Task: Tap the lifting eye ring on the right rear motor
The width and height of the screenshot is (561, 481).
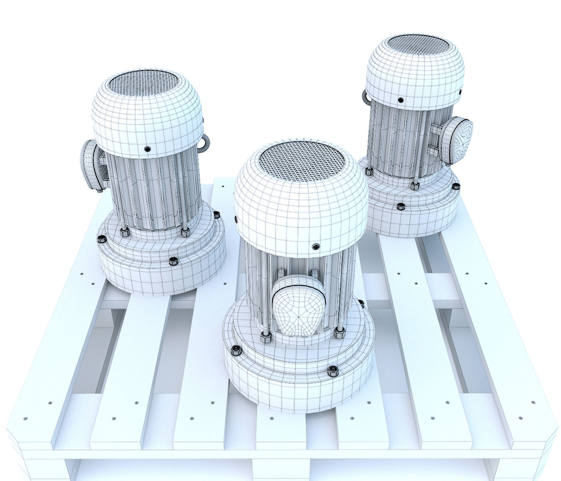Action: click(366, 97)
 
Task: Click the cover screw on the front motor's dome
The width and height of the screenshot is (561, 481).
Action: click(316, 247)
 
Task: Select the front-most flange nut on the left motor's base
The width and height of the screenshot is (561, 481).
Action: click(174, 262)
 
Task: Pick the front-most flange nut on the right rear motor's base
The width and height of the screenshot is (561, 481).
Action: click(400, 207)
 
